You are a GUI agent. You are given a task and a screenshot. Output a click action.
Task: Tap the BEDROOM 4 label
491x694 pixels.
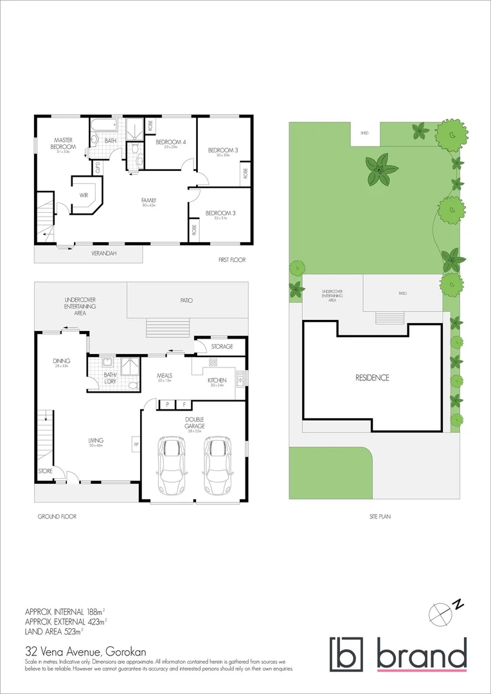tap(170, 141)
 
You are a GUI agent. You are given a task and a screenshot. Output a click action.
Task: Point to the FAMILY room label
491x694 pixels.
tap(149, 200)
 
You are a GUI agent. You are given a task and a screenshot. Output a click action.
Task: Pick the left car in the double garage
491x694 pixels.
tap(171, 465)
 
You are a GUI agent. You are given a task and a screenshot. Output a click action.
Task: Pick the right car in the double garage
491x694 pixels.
tap(217, 465)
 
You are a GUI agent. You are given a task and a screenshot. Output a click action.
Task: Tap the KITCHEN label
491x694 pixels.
tap(217, 380)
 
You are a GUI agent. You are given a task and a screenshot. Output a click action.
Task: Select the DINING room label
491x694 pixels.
tap(62, 361)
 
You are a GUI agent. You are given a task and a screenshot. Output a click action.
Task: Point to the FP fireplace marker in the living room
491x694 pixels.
tap(136, 443)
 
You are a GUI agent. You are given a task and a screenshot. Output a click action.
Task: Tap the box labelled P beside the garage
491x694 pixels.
tap(167, 405)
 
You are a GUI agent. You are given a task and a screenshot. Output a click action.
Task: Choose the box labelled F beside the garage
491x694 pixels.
tap(184, 405)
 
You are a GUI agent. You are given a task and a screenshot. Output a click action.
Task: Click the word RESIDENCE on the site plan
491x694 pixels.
tap(372, 378)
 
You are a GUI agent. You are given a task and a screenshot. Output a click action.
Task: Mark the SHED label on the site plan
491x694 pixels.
tap(364, 133)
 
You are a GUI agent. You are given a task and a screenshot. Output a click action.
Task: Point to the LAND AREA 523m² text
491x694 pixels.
tap(54, 632)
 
